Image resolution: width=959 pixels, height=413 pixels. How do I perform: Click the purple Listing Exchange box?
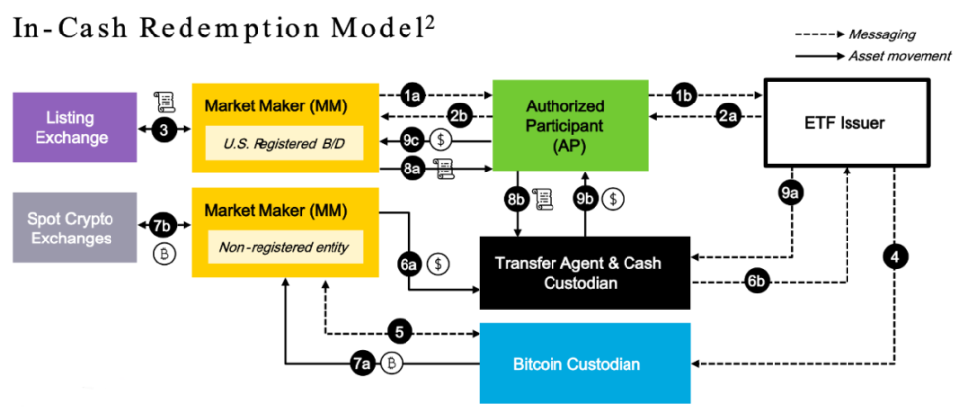click(74, 126)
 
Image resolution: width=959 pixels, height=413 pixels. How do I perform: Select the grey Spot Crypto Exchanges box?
click(74, 228)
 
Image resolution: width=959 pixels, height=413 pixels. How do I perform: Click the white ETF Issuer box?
click(848, 123)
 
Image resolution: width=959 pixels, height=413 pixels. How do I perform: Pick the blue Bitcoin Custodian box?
click(577, 364)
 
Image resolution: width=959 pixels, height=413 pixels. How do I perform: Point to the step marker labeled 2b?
click(458, 117)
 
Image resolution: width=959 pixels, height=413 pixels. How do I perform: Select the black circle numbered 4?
click(894, 258)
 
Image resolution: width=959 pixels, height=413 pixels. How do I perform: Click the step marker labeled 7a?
click(362, 364)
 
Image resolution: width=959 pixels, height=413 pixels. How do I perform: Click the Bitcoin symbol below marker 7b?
click(165, 253)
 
